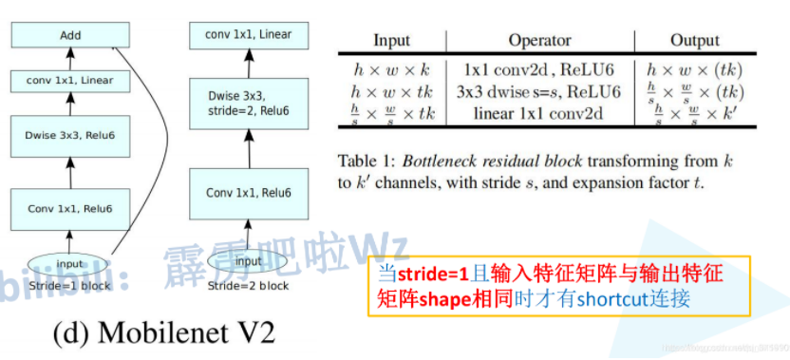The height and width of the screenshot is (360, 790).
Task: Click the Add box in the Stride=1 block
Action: [70, 36]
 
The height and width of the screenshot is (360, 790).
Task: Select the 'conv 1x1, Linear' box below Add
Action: [70, 80]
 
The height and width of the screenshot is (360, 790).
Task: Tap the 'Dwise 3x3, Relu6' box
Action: [70, 137]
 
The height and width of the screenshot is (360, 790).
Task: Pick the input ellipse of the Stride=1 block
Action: [70, 265]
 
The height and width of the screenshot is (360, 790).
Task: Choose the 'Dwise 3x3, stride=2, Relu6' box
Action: [248, 104]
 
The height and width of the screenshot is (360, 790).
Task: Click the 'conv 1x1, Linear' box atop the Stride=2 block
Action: [248, 35]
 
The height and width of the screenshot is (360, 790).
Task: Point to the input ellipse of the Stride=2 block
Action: [248, 261]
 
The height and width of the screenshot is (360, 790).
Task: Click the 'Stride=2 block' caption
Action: [248, 285]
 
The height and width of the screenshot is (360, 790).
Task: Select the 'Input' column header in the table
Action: [391, 41]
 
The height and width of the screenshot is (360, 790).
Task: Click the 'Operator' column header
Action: [539, 41]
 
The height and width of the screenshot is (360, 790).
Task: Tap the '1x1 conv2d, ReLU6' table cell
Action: [538, 69]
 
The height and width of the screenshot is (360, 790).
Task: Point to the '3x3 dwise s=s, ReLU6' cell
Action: [538, 91]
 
